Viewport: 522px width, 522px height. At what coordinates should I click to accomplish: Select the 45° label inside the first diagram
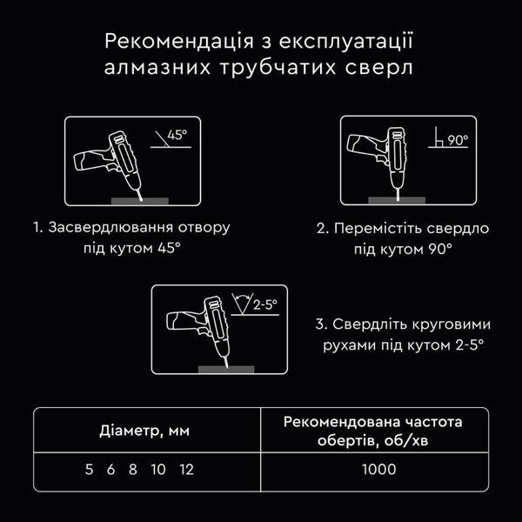coord(177,135)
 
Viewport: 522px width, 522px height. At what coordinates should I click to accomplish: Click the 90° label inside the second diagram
coord(458,140)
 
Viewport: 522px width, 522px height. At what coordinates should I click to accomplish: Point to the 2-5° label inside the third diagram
coord(265,304)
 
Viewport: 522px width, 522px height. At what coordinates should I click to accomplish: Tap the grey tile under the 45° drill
coord(140,201)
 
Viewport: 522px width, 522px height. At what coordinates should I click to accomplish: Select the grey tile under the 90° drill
coord(397,200)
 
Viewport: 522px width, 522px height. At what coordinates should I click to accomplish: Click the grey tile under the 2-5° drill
coord(226,369)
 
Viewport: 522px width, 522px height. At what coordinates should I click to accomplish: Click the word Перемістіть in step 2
coord(378,229)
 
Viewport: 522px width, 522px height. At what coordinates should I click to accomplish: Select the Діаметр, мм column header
coord(144,431)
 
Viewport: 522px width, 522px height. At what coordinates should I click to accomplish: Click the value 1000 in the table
coord(378,470)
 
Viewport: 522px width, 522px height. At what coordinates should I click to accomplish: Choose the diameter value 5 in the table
coord(89,470)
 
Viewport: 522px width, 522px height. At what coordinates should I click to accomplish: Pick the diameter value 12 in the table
coord(186,470)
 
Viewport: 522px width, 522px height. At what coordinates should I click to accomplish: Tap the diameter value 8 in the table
coord(133,470)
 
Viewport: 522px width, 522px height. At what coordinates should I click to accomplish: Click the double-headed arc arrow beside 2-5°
coord(242,297)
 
